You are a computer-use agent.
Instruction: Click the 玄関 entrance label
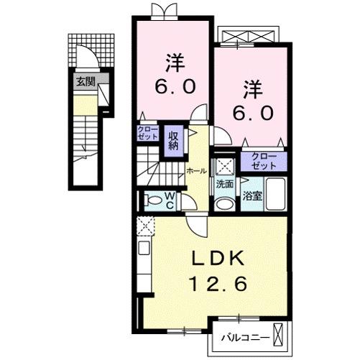pyautogui.click(x=86, y=82)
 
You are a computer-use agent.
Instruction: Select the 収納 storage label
pyautogui.click(x=174, y=139)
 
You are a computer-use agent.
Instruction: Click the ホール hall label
pyautogui.click(x=196, y=170)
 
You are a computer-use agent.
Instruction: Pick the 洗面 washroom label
pyautogui.click(x=224, y=184)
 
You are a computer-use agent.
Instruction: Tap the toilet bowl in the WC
pyautogui.click(x=152, y=200)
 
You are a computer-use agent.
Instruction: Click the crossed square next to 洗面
pyautogui.click(x=224, y=165)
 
